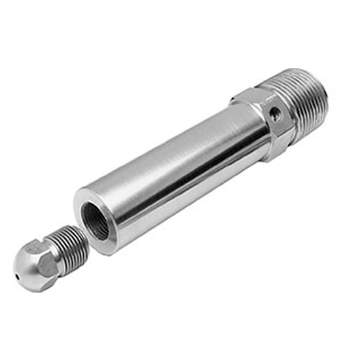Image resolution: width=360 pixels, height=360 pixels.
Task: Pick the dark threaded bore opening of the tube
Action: click(x=96, y=221)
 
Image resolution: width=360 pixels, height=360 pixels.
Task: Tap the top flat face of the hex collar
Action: click(x=254, y=96)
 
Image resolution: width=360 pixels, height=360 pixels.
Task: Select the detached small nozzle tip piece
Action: click(x=46, y=257)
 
